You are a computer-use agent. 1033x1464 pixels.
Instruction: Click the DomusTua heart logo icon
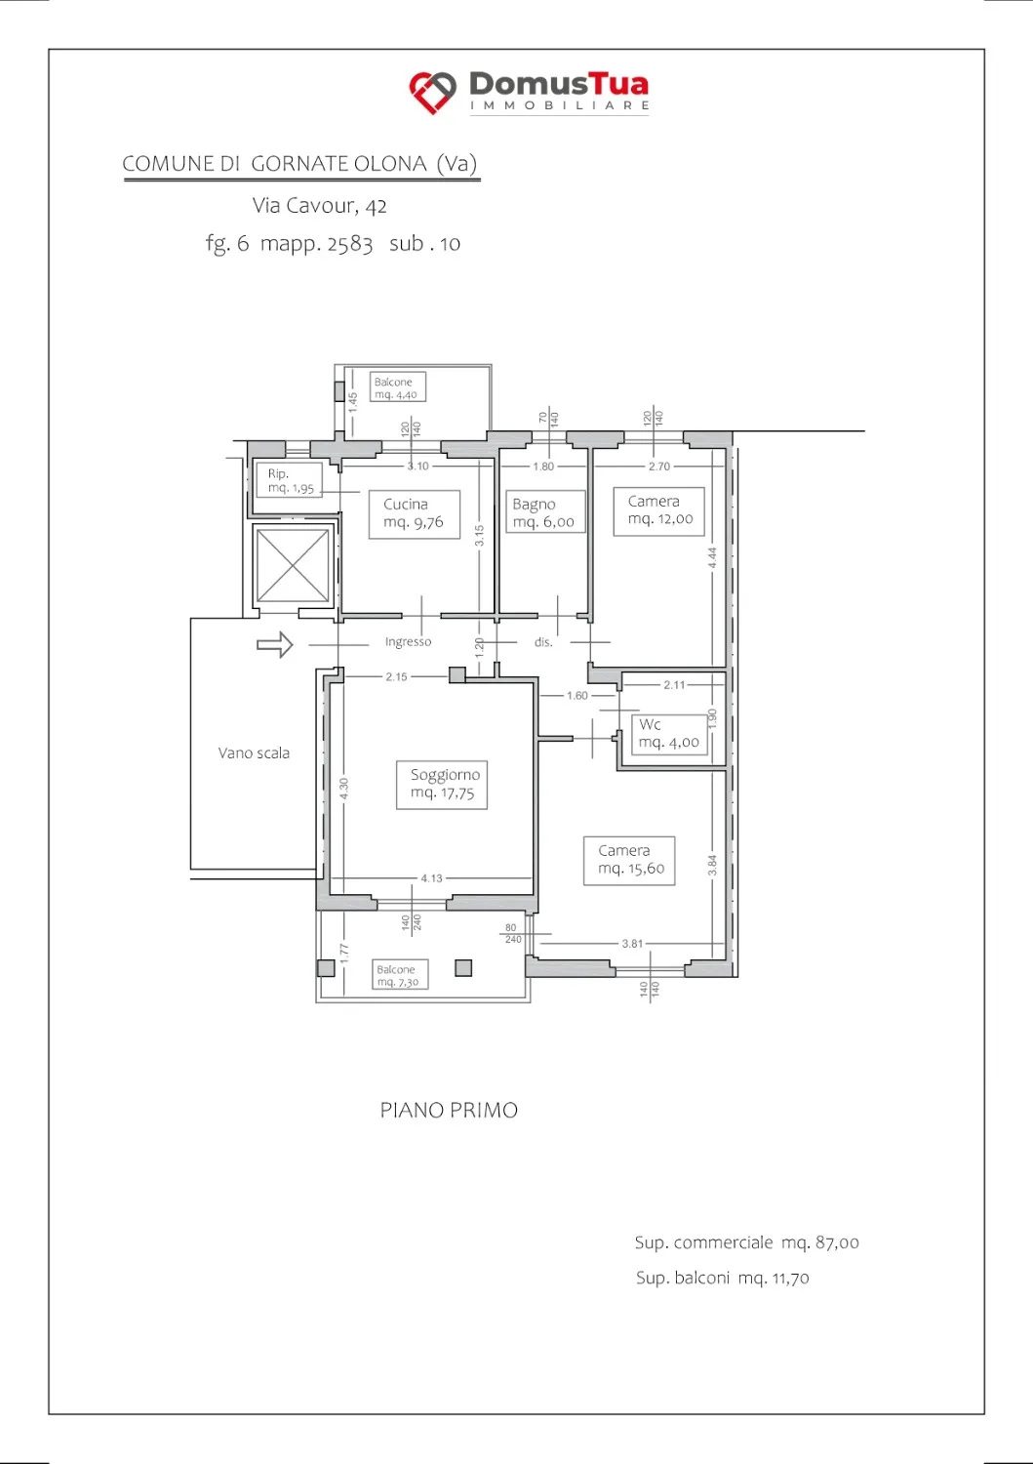click(x=432, y=92)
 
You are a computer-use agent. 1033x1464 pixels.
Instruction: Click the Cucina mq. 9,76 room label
click(x=414, y=513)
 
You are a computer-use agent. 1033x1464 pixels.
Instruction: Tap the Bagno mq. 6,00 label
click(x=544, y=511)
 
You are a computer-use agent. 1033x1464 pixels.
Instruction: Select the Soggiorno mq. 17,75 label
click(x=442, y=785)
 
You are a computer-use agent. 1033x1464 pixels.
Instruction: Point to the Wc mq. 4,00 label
click(x=669, y=734)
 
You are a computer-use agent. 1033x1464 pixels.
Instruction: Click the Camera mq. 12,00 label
click(x=658, y=511)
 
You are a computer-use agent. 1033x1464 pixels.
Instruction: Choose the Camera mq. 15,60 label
click(x=629, y=860)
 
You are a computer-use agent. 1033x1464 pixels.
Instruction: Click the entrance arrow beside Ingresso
click(x=274, y=644)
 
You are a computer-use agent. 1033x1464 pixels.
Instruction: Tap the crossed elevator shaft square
click(x=293, y=565)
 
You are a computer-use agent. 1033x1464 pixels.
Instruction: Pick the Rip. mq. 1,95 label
click(x=288, y=480)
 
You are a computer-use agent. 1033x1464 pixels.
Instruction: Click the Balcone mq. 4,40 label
click(x=398, y=386)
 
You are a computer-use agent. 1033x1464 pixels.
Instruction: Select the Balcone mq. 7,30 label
click(x=400, y=974)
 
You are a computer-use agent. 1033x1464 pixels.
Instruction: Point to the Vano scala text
click(x=254, y=752)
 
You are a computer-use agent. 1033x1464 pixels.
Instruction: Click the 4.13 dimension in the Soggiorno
click(x=431, y=878)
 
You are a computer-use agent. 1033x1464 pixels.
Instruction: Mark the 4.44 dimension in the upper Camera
click(x=713, y=557)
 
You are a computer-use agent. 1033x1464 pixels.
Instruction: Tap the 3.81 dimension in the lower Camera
click(x=632, y=944)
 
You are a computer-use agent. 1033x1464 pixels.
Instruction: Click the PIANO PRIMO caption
click(x=449, y=1110)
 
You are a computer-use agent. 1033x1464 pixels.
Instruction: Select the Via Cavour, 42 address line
click(x=320, y=206)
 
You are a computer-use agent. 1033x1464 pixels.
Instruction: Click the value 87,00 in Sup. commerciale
click(x=837, y=1242)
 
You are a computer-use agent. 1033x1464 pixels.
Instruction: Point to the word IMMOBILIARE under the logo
click(x=559, y=105)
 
